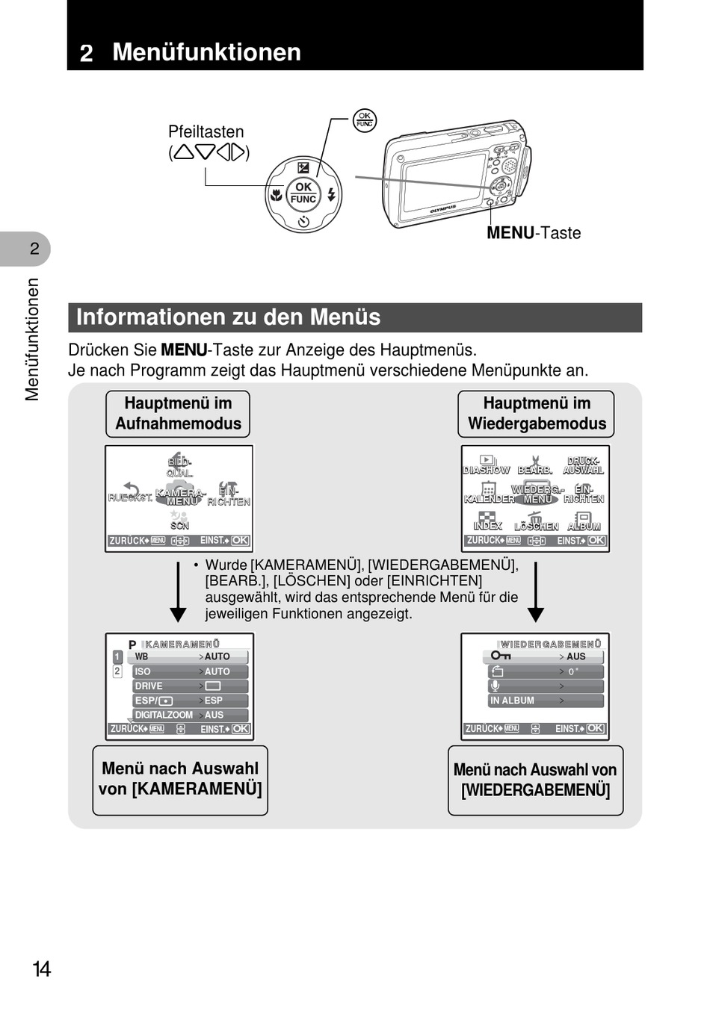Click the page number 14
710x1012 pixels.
pyautogui.click(x=42, y=969)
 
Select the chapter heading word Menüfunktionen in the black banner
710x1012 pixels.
pyautogui.click(x=206, y=52)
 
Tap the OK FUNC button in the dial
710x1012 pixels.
pyautogui.click(x=303, y=193)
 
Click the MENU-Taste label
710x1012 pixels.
pyautogui.click(x=534, y=233)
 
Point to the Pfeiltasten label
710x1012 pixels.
pyautogui.click(x=206, y=132)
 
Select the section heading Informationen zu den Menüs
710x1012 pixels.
pyautogui.click(x=228, y=317)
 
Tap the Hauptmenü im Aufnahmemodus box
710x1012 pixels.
pyautogui.click(x=178, y=414)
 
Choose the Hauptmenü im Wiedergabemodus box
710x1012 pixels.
pyautogui.click(x=536, y=414)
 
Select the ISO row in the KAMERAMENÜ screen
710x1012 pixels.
pyautogui.click(x=190, y=671)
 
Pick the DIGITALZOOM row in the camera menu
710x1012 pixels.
pyautogui.click(x=190, y=715)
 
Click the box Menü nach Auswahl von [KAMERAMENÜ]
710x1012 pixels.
pyautogui.click(x=180, y=780)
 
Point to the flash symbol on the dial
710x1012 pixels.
pyautogui.click(x=331, y=196)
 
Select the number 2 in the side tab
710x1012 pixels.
pyautogui.click(x=34, y=249)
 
